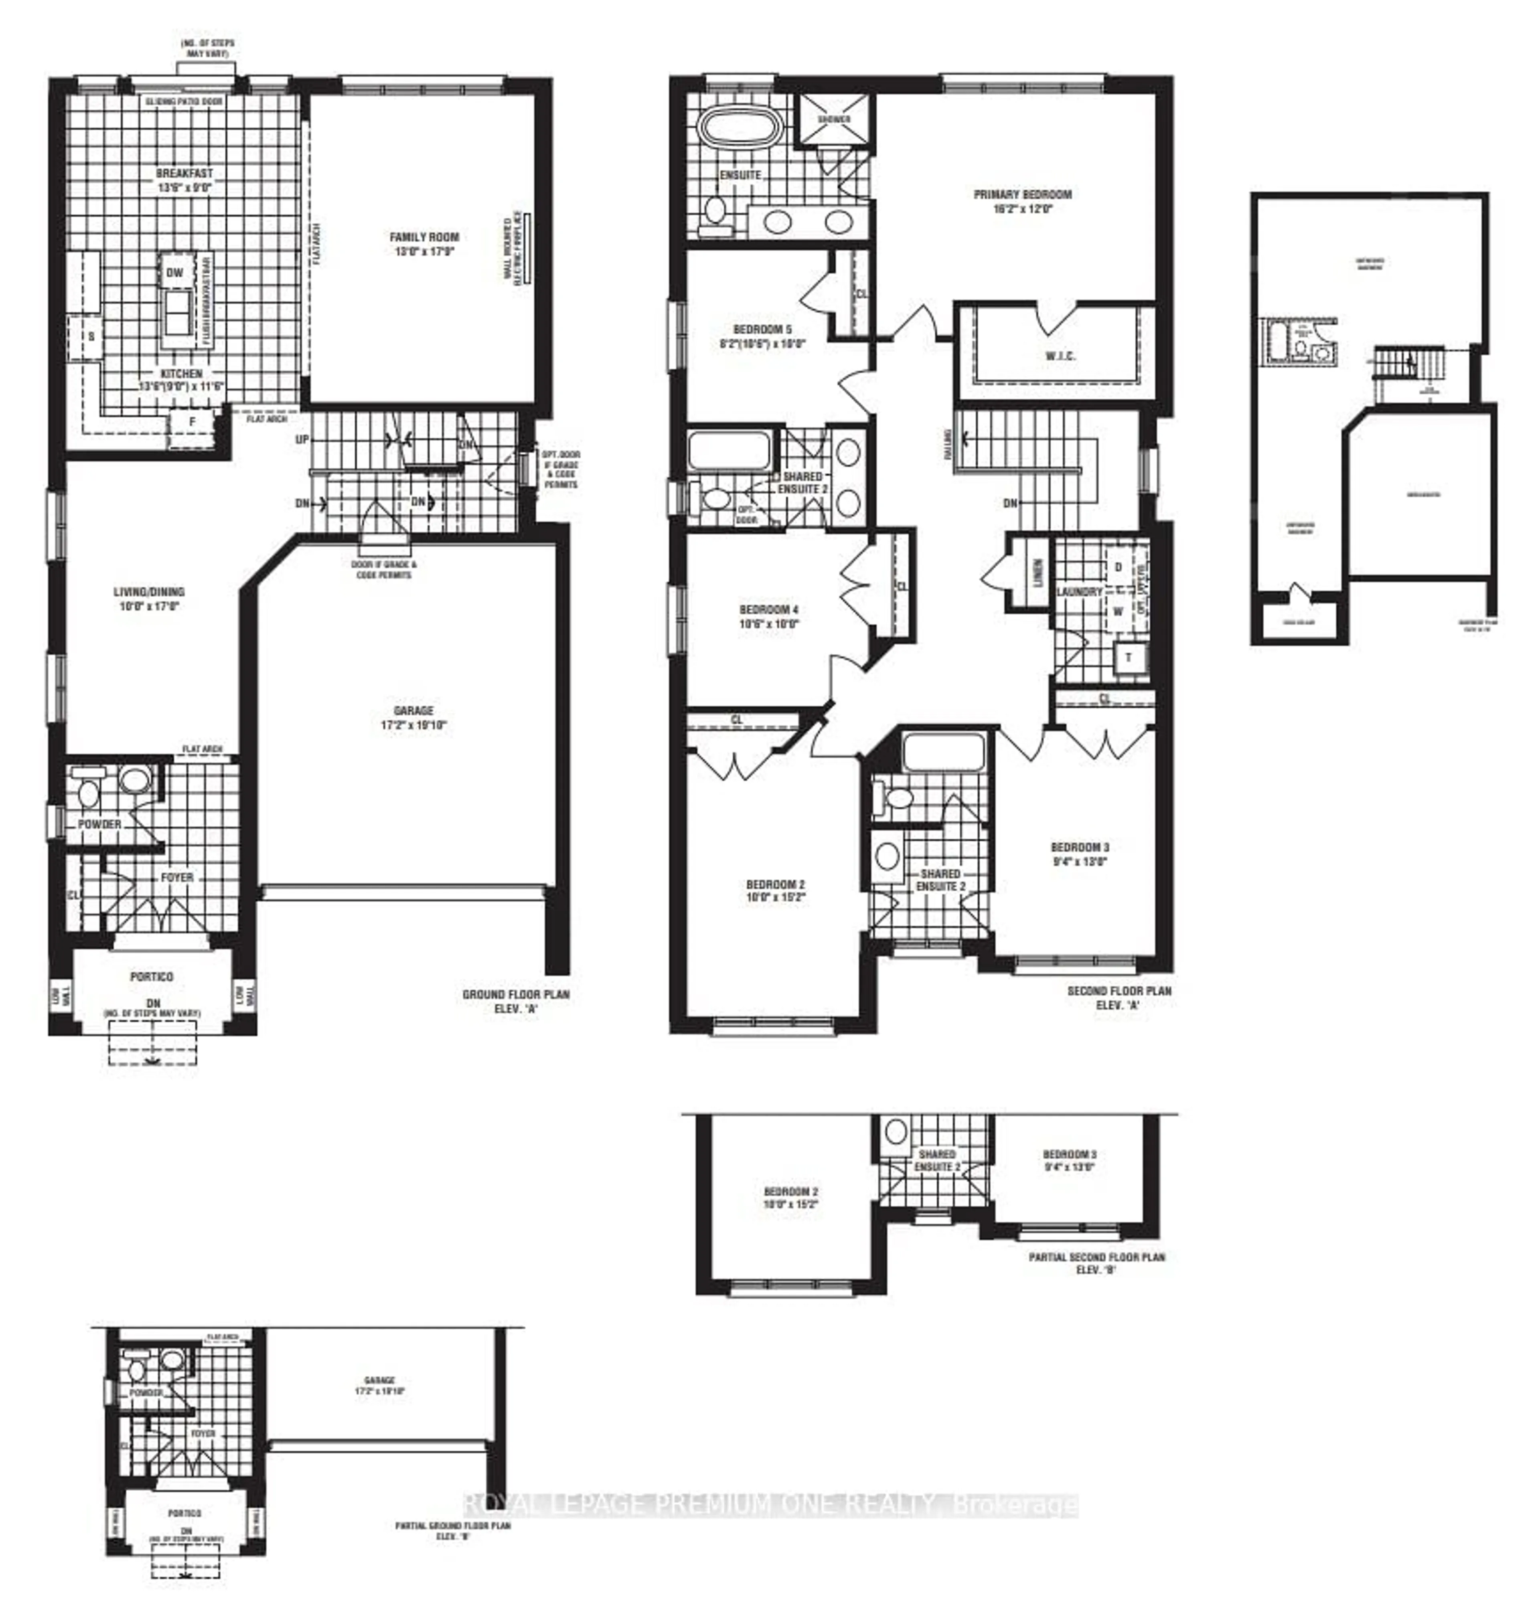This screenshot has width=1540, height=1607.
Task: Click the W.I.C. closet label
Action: coord(1060,356)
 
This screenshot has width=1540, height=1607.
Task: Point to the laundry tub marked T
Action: coord(1128,657)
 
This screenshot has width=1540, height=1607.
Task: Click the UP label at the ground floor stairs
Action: coord(302,439)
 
